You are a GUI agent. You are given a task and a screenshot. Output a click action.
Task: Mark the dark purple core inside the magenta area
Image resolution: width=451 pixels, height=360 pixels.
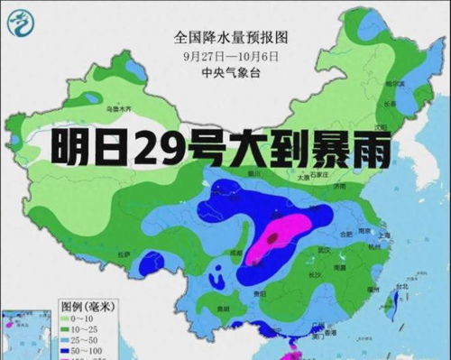[272, 238]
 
